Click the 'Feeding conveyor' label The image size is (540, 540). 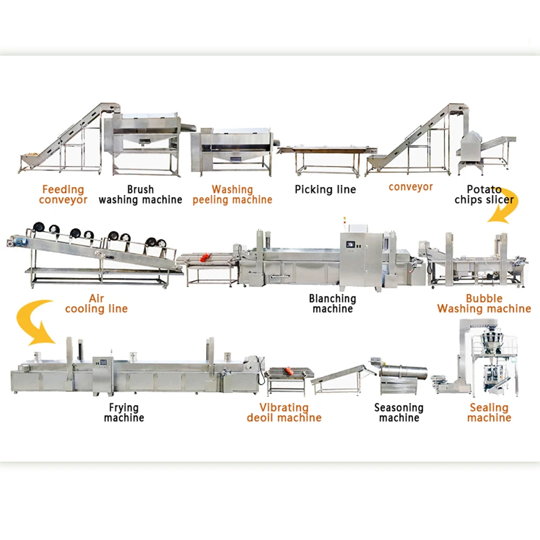[63, 194]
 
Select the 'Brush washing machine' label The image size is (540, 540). [140, 194]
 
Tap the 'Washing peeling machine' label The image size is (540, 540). [232, 194]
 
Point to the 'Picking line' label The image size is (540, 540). [325, 190]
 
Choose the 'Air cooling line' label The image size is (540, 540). [96, 303]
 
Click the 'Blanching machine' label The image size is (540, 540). [333, 303]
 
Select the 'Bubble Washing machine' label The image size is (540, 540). [484, 303]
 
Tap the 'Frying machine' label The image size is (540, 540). [124, 413]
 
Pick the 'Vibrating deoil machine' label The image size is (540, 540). [284, 413]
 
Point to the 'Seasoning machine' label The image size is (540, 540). [399, 413]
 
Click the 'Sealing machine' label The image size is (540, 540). [489, 413]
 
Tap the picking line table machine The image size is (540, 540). [327, 154]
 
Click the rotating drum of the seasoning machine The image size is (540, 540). [404, 372]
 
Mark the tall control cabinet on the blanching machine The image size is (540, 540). [356, 259]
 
